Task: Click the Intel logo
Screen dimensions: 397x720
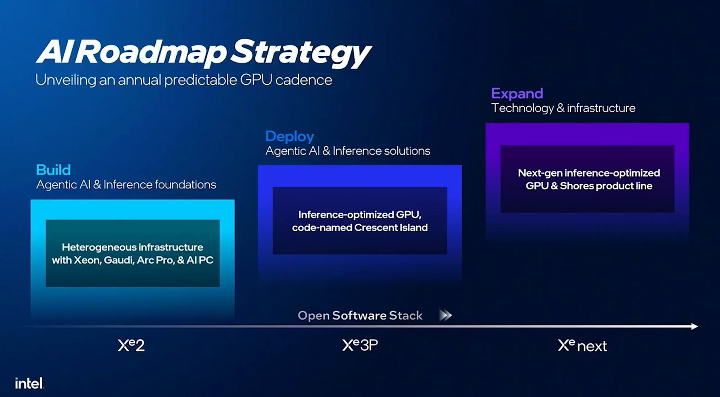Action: pyautogui.click(x=29, y=383)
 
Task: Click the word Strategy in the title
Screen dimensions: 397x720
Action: pyautogui.click(x=300, y=53)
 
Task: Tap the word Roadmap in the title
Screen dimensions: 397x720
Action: pyautogui.click(x=151, y=53)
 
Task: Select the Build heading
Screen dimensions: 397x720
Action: pyautogui.click(x=53, y=170)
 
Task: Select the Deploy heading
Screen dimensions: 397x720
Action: pyautogui.click(x=289, y=136)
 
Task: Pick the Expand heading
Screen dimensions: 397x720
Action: pyautogui.click(x=517, y=93)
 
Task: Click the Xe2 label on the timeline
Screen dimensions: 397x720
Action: pyautogui.click(x=131, y=345)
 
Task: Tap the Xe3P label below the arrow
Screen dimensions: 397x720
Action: pyautogui.click(x=360, y=345)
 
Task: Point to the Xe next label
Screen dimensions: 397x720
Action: pyautogui.click(x=582, y=345)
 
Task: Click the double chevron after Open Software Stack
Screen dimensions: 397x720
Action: pyautogui.click(x=445, y=315)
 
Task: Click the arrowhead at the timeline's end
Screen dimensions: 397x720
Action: pyautogui.click(x=694, y=326)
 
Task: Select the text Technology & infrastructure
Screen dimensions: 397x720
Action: pyautogui.click(x=563, y=108)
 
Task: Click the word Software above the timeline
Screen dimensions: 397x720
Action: pyautogui.click(x=359, y=316)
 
